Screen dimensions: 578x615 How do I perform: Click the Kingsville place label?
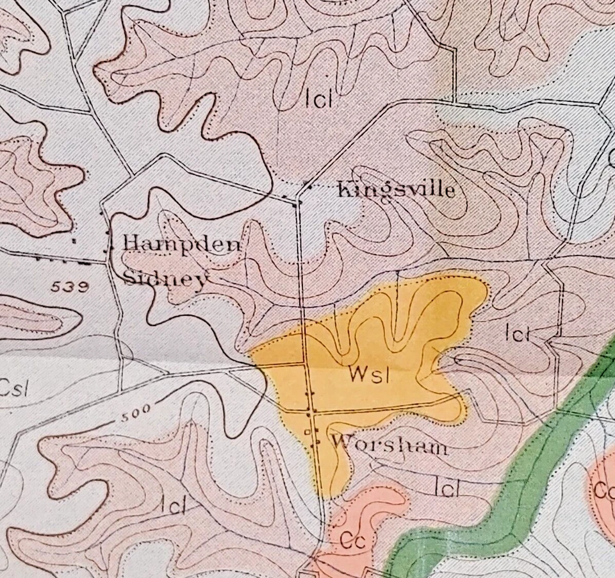pyautogui.click(x=395, y=190)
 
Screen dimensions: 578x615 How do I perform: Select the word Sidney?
pyautogui.click(x=165, y=280)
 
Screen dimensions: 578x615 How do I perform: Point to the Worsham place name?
pyautogui.click(x=390, y=444)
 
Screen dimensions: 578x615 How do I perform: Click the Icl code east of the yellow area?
pyautogui.click(x=517, y=333)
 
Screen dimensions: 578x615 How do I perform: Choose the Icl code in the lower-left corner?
pyautogui.click(x=173, y=505)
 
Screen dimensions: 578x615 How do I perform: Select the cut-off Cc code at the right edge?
pyautogui.click(x=605, y=492)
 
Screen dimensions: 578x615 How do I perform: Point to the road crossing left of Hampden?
pyautogui.click(x=107, y=261)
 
